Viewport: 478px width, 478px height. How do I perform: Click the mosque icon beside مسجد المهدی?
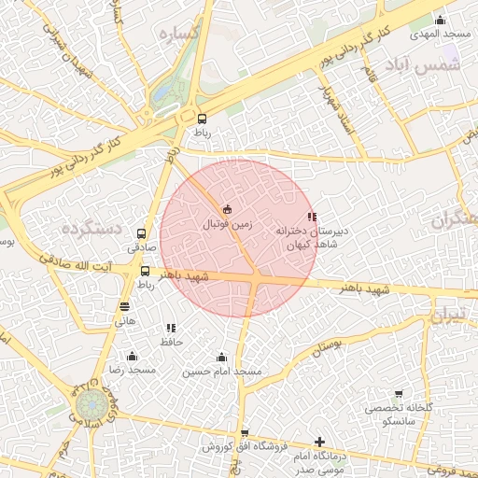pyautogui.click(x=441, y=21)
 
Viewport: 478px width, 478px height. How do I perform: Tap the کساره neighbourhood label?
pyautogui.click(x=180, y=35)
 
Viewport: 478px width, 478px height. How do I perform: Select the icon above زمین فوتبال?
pyautogui.click(x=228, y=208)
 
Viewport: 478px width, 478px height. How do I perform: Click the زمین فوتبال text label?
pyautogui.click(x=228, y=224)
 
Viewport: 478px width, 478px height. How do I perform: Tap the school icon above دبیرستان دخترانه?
pyautogui.click(x=311, y=216)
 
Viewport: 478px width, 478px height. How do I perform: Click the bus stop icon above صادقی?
pyautogui.click(x=141, y=233)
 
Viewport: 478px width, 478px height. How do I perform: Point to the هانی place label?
pyautogui.click(x=125, y=320)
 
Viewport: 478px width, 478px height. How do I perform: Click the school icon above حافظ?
pyautogui.click(x=170, y=328)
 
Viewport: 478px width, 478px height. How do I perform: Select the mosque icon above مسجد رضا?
pyautogui.click(x=132, y=356)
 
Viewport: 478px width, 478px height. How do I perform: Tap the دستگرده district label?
pyautogui.click(x=92, y=228)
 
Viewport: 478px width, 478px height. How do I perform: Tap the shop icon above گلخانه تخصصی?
pyautogui.click(x=399, y=394)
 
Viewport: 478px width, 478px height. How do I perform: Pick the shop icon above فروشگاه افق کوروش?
pyautogui.click(x=245, y=432)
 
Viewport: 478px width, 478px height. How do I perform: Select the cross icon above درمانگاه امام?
pyautogui.click(x=319, y=442)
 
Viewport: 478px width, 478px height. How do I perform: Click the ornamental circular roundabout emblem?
pyautogui.click(x=91, y=406)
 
